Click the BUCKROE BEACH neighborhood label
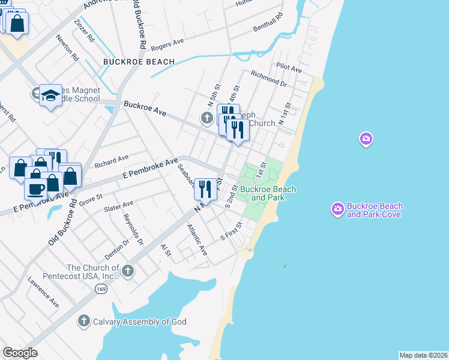[x=139, y=62]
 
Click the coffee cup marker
[x=35, y=188]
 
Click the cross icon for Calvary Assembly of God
[x=84, y=322]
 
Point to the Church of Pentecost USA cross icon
[x=127, y=272]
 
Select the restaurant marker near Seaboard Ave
[x=205, y=188]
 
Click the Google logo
[x=20, y=353]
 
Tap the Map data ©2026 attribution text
[x=423, y=355]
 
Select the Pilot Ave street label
[x=289, y=68]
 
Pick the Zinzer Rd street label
[x=84, y=29]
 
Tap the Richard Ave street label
[x=112, y=161]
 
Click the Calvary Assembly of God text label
[x=139, y=322]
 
